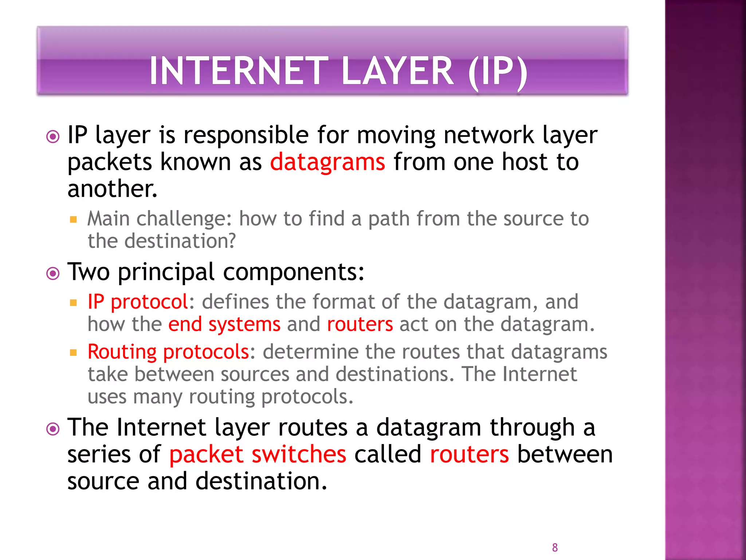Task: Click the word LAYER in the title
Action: pyautogui.click(x=397, y=71)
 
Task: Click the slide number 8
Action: pyautogui.click(x=555, y=548)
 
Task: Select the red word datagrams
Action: pyautogui.click(x=327, y=162)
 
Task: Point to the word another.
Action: pyautogui.click(x=112, y=189)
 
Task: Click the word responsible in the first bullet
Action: pyautogui.click(x=246, y=135)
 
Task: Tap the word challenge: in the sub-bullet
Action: pyautogui.click(x=184, y=219)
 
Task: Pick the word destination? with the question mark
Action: pyautogui.click(x=180, y=241)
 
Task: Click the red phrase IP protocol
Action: pyautogui.click(x=138, y=302)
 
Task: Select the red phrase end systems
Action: pyautogui.click(x=224, y=324)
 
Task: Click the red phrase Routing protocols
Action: pyautogui.click(x=168, y=352)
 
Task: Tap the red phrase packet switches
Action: pyautogui.click(x=258, y=455)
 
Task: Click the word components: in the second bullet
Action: pyautogui.click(x=294, y=272)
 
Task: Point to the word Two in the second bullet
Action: pyautogui.click(x=89, y=272)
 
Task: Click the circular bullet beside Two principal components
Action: pyautogui.click(x=53, y=273)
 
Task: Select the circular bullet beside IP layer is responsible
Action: pyautogui.click(x=53, y=137)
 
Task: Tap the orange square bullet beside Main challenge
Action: pyautogui.click(x=74, y=219)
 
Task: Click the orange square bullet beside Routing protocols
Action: pyautogui.click(x=74, y=353)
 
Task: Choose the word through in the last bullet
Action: pyautogui.click(x=532, y=428)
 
